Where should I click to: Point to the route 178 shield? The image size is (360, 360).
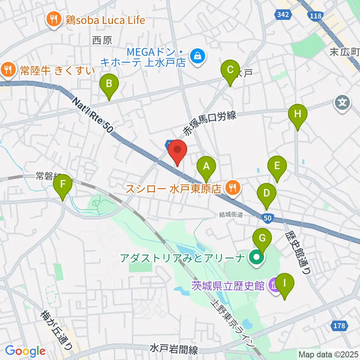[x=339, y=326]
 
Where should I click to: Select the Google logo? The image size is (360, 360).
[x=25, y=351]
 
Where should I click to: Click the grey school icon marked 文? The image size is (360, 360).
[x=342, y=101]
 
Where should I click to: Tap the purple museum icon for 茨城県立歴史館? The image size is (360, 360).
[x=274, y=285]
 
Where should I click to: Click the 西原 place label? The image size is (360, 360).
[x=102, y=40]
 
